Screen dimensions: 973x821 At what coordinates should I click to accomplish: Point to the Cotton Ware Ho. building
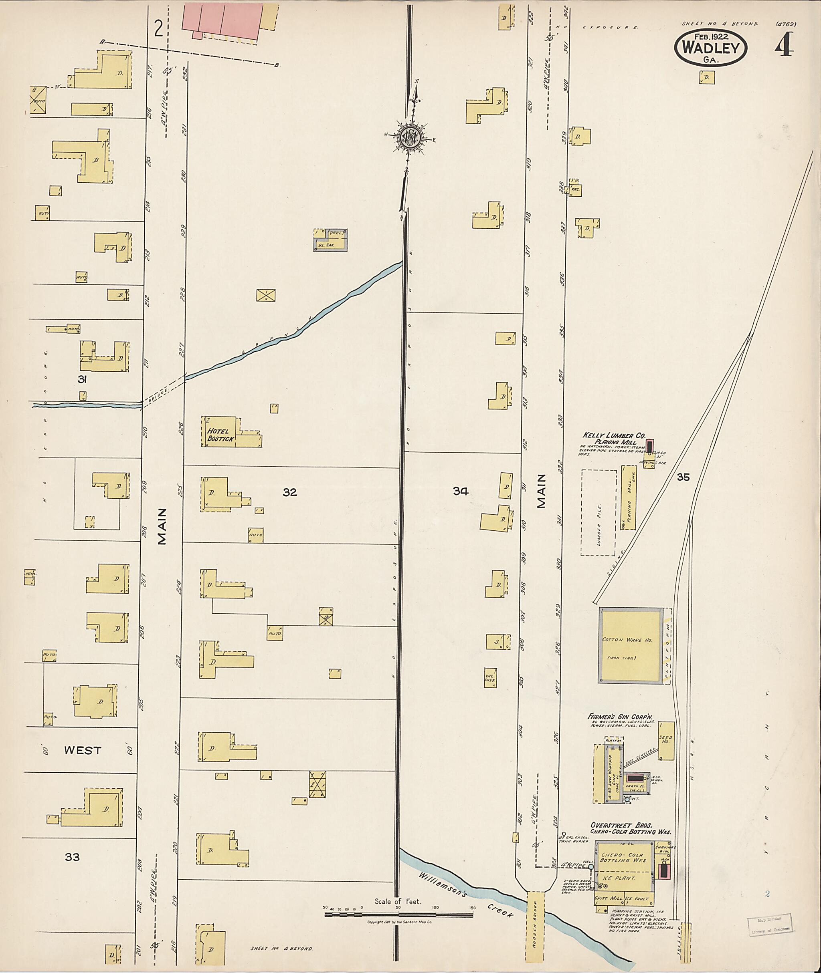[x=631, y=646]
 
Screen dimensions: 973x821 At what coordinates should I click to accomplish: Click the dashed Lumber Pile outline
[x=598, y=513]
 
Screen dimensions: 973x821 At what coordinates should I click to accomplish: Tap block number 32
[x=289, y=492]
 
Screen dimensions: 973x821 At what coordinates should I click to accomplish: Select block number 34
[x=460, y=491]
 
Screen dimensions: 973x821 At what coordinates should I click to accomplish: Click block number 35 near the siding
[x=683, y=477]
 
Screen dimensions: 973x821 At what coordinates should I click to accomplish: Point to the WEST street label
[x=82, y=750]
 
